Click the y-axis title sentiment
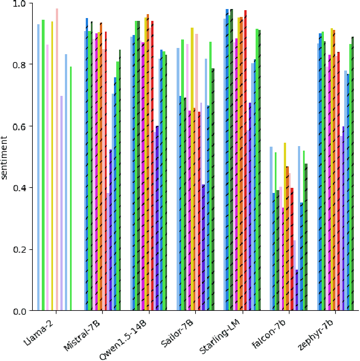(5, 157)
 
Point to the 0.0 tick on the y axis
(19, 311)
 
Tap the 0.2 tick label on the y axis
(19, 250)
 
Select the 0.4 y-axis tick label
(19, 188)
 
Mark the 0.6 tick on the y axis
(19, 126)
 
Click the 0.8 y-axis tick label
(19, 65)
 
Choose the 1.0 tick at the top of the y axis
(19, 3)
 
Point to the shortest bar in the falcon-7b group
(297, 290)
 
